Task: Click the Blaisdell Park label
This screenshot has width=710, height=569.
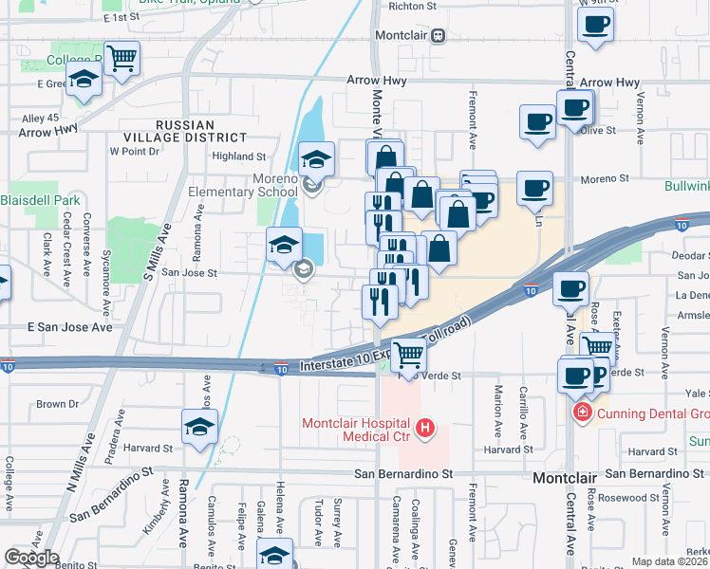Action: pyautogui.click(x=40, y=200)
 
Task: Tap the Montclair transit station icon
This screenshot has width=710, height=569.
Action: pyautogui.click(x=438, y=36)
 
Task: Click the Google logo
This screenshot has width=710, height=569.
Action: pyautogui.click(x=30, y=558)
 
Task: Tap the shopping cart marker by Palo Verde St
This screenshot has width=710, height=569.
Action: pyautogui.click(x=408, y=355)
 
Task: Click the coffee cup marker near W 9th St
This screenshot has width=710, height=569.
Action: pyautogui.click(x=595, y=25)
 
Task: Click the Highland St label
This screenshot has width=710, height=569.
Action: pyautogui.click(x=239, y=156)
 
